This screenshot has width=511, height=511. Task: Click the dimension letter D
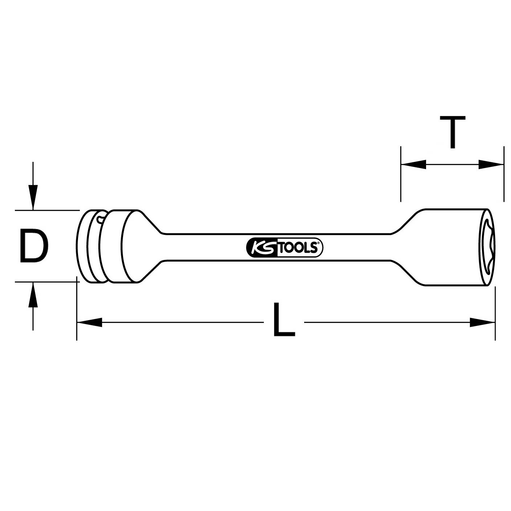click(x=33, y=246)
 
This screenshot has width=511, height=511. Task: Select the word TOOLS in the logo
click(x=299, y=248)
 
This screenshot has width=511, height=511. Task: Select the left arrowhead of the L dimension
click(x=89, y=322)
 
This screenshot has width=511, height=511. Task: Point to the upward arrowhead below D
click(x=33, y=294)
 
